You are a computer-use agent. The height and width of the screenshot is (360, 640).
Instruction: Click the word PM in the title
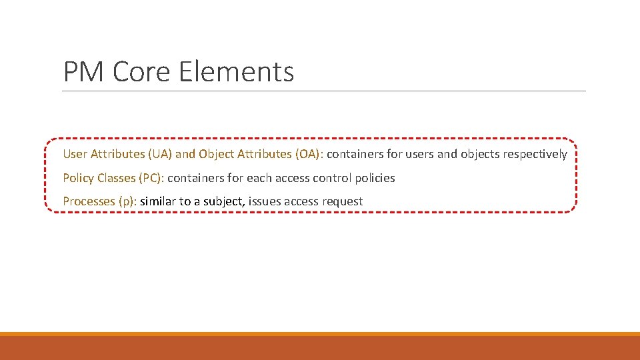[x=84, y=71]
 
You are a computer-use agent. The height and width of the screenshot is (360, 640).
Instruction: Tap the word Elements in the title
[x=236, y=71]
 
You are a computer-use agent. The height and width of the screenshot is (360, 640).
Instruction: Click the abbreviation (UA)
[x=160, y=154]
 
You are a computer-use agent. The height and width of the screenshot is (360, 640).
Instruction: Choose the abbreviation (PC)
[x=151, y=178]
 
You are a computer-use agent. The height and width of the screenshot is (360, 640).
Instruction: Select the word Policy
[x=78, y=178]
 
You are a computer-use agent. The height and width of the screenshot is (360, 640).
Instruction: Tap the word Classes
[x=116, y=178]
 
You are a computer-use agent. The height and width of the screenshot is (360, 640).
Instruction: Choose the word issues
[x=265, y=201]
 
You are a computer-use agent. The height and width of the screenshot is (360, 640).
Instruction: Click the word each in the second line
[x=258, y=178]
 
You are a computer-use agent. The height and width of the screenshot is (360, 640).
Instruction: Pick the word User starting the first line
[x=75, y=154]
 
